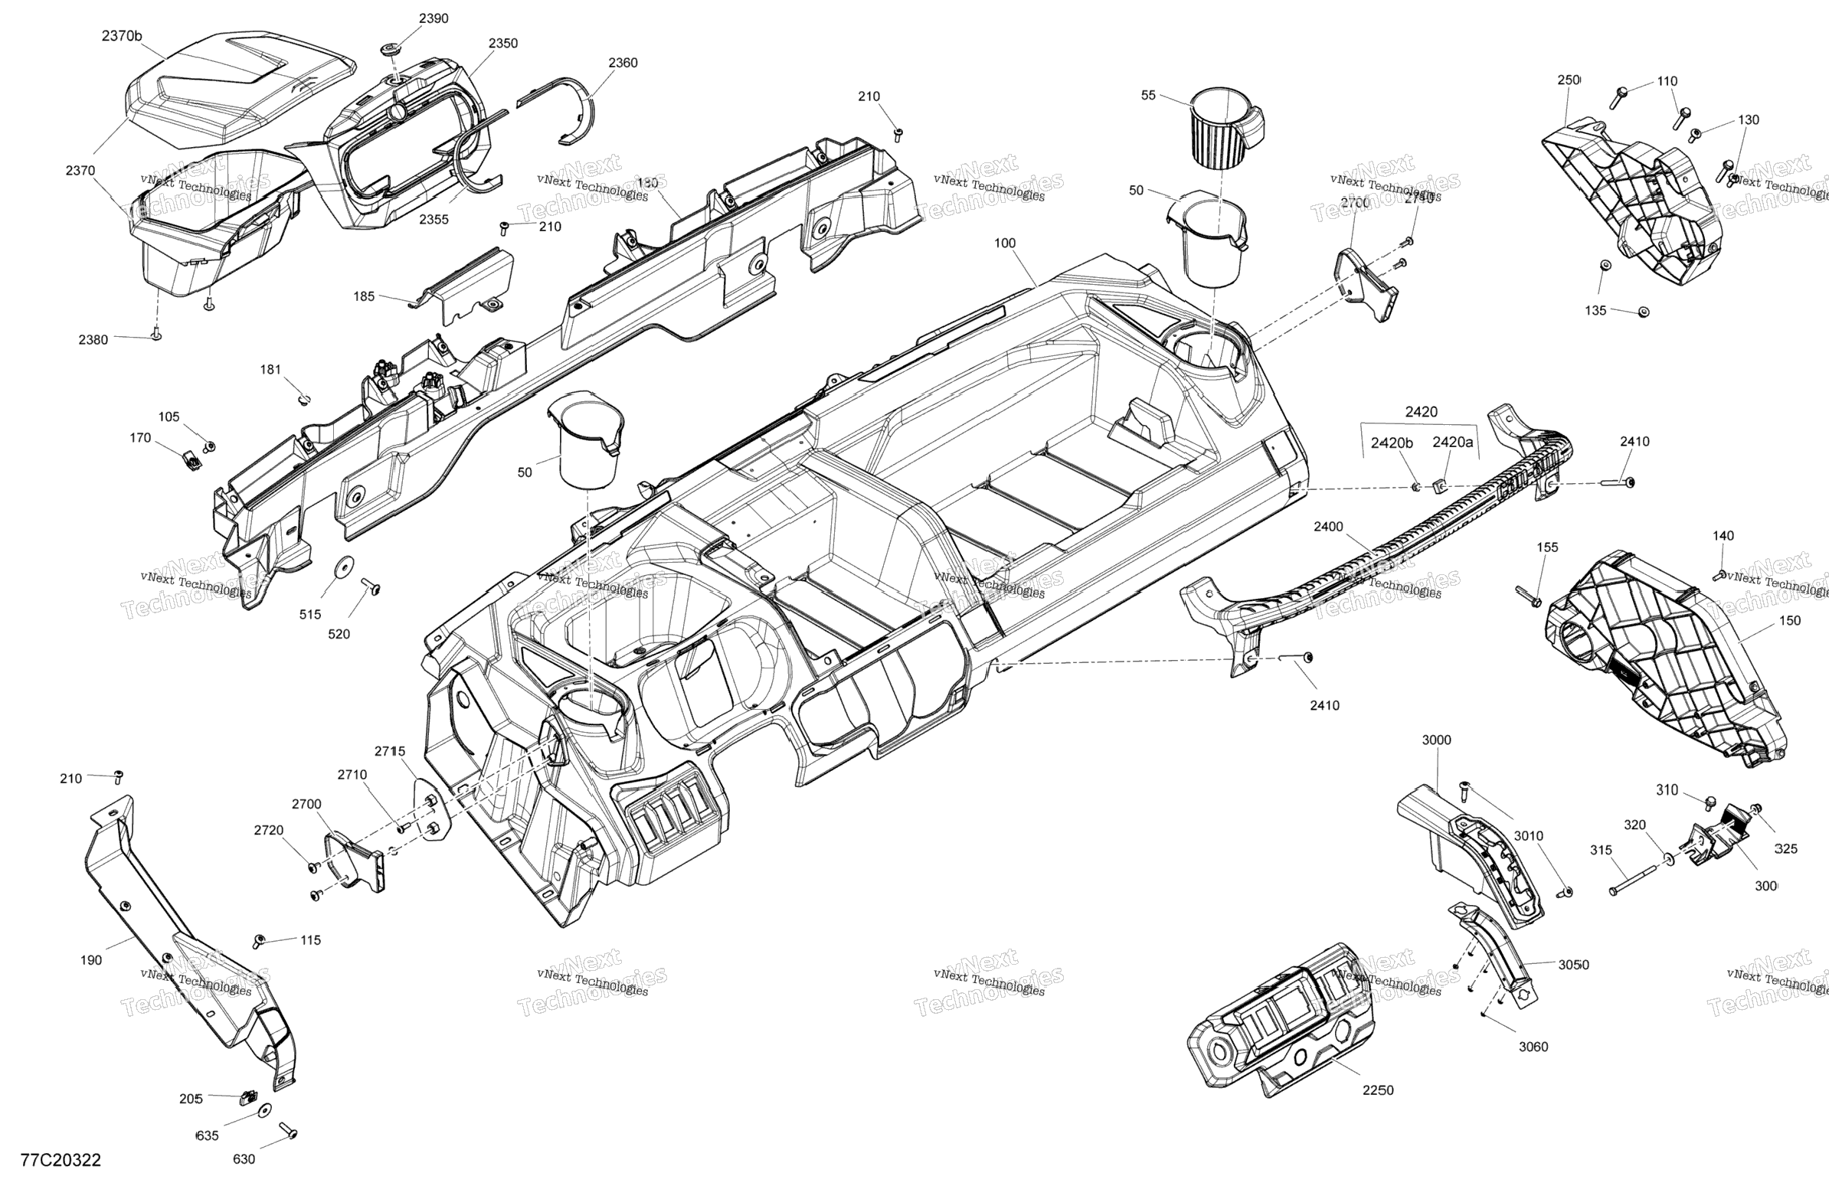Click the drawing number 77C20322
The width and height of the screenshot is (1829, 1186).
tap(61, 1160)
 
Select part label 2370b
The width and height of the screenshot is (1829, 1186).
tap(123, 35)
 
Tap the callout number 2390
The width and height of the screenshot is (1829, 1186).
tap(434, 18)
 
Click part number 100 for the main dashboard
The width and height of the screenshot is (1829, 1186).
tap(1004, 243)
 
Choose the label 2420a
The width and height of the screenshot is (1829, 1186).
tap(1452, 443)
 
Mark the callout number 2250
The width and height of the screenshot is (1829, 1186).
tap(1378, 1090)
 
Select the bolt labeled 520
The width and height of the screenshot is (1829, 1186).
tap(375, 587)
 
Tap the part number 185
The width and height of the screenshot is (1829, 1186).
tap(365, 296)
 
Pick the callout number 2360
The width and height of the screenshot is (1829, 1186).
tap(623, 63)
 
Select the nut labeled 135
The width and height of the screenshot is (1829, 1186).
tap(1643, 312)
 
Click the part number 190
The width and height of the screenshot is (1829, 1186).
tap(90, 960)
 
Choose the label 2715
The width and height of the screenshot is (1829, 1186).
tap(390, 751)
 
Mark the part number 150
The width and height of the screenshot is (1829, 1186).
tap(1790, 621)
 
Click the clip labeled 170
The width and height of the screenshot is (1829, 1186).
tap(191, 460)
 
